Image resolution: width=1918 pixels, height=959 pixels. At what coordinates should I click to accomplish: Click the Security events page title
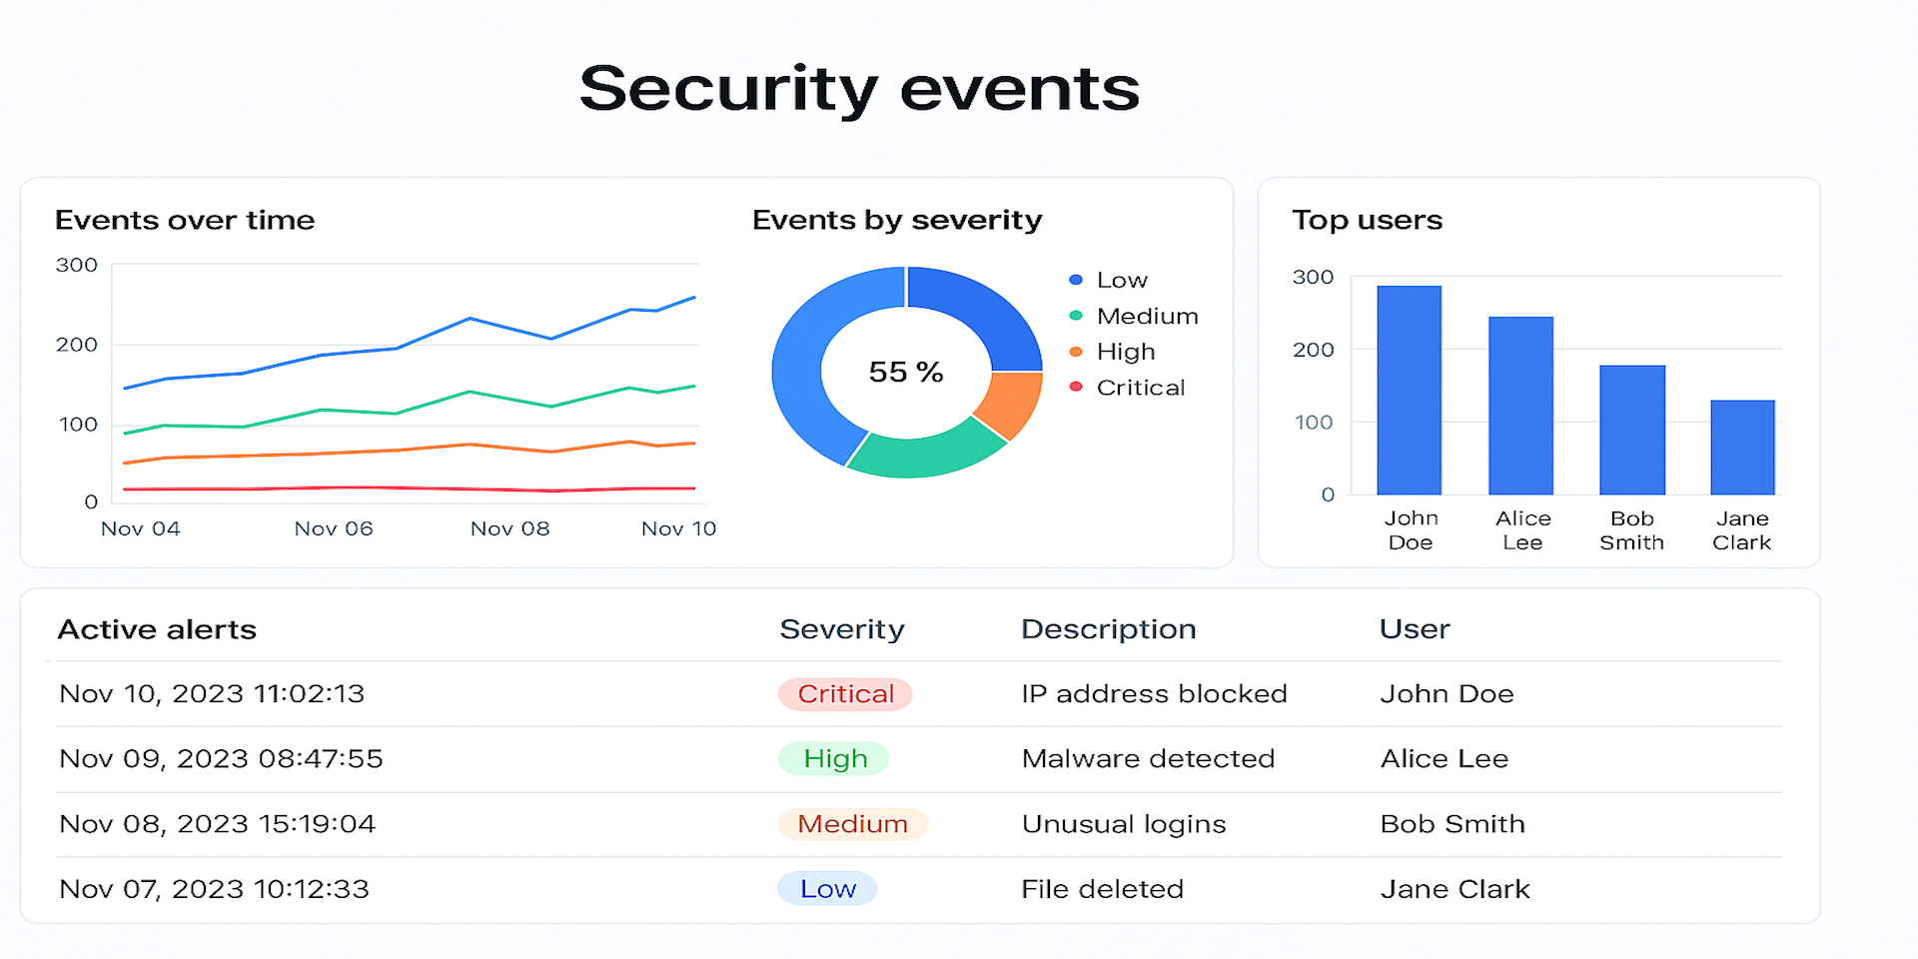(x=859, y=88)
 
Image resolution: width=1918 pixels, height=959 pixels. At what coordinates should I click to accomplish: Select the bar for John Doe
(x=1409, y=390)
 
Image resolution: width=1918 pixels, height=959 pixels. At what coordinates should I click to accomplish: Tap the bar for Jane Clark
(x=1742, y=447)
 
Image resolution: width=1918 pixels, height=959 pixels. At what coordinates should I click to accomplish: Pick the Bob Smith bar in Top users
(x=1631, y=430)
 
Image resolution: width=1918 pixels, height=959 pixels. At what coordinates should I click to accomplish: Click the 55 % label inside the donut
(x=906, y=372)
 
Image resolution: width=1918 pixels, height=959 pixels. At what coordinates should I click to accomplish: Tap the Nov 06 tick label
(x=334, y=528)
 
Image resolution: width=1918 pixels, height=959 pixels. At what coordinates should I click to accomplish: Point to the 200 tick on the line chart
(x=77, y=345)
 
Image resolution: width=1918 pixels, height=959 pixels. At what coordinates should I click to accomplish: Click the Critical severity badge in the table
(x=845, y=694)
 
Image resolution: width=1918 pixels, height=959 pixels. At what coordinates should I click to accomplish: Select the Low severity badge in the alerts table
(x=827, y=889)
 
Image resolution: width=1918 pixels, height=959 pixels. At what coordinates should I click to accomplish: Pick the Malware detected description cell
(x=1148, y=759)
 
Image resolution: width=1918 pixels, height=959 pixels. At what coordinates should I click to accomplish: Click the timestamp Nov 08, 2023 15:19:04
(x=218, y=824)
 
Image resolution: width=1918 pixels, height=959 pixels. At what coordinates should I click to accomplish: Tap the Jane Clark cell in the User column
(x=1454, y=889)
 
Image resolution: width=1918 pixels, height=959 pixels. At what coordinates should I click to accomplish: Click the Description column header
(x=1108, y=629)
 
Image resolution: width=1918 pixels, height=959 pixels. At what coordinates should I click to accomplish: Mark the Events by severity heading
(x=896, y=220)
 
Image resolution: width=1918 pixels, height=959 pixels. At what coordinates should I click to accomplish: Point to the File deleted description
(x=1102, y=889)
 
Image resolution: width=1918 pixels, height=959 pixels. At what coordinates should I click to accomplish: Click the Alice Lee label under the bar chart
(x=1522, y=530)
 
